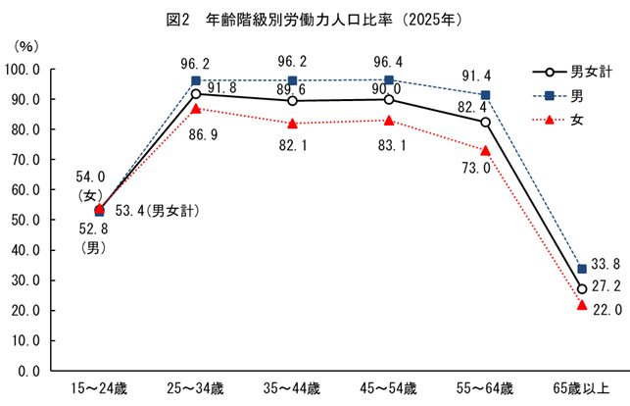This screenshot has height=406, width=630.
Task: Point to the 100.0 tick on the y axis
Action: click(22, 70)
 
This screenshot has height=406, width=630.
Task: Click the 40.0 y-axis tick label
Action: click(24, 250)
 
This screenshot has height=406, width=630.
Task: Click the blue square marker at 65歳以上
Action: click(582, 269)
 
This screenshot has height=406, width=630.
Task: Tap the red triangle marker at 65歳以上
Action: click(582, 305)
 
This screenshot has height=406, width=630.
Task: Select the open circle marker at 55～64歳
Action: click(485, 123)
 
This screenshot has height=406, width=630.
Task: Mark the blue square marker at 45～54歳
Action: click(389, 80)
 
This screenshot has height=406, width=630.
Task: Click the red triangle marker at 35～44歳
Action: click(293, 124)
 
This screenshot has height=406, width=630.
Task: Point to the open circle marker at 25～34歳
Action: click(196, 94)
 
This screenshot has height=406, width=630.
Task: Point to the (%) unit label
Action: click(25, 46)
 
